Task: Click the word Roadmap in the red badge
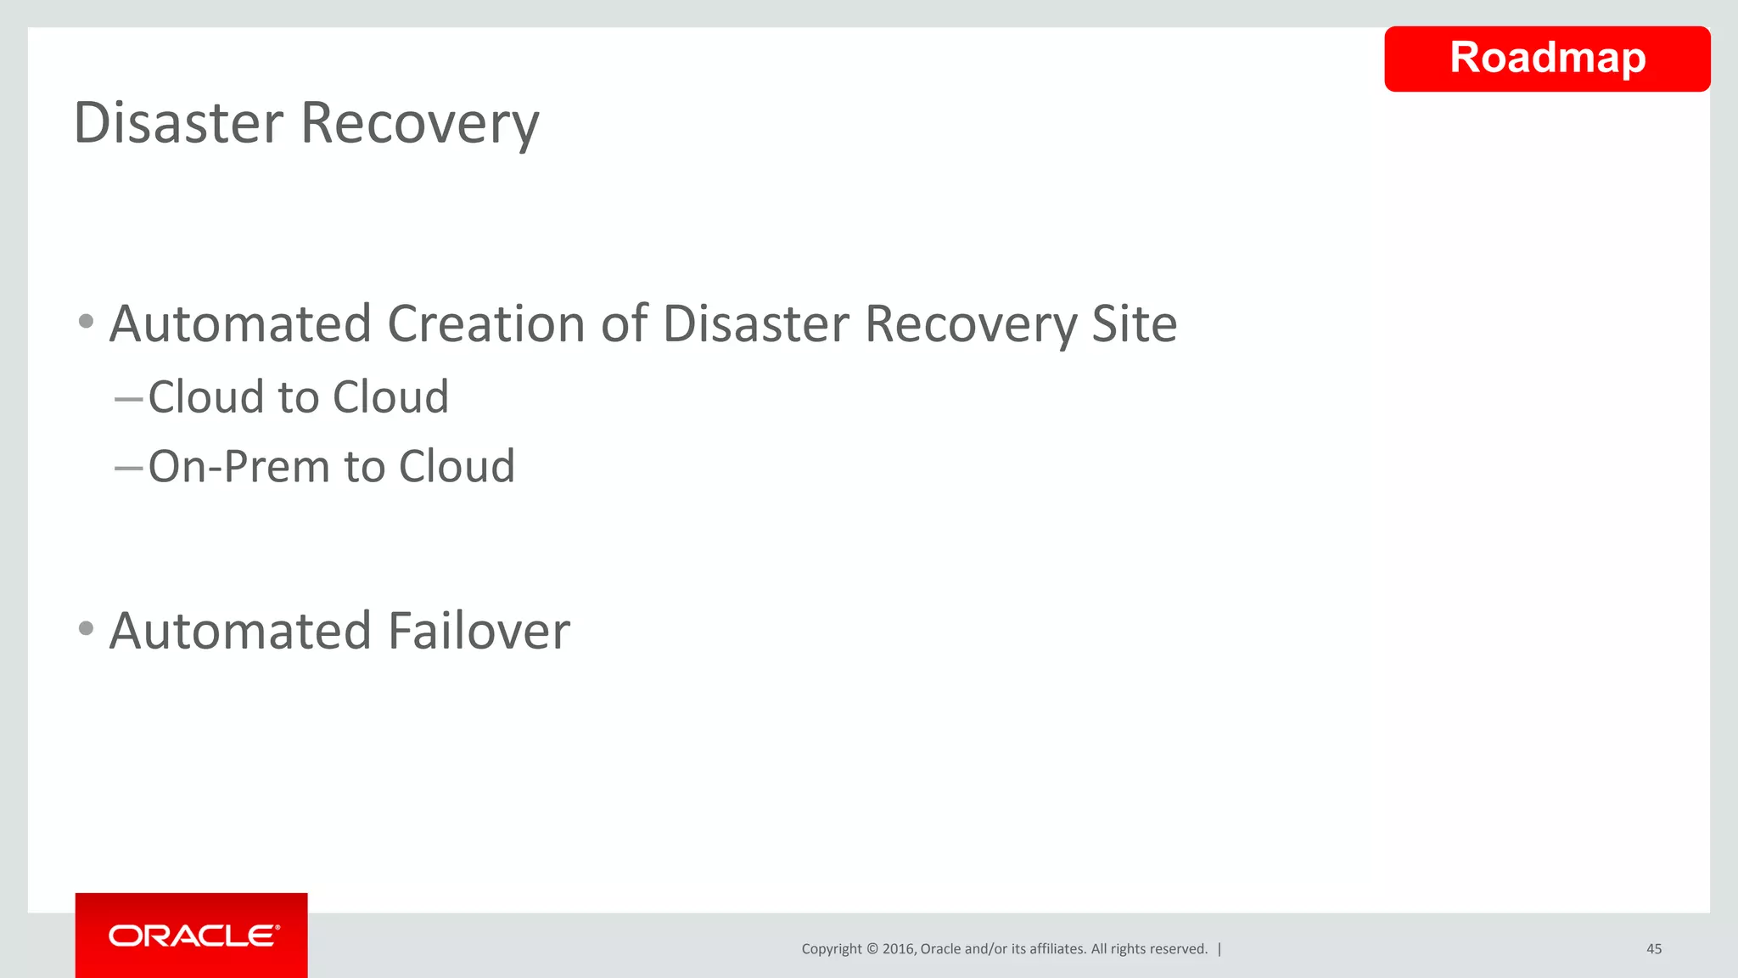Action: (x=1547, y=59)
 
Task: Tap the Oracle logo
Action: (x=193, y=936)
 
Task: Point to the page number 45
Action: (x=1653, y=949)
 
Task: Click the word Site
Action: (x=1134, y=324)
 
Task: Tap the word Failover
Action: (x=479, y=632)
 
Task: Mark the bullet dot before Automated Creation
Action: (x=86, y=322)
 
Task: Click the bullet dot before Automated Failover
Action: (x=86, y=629)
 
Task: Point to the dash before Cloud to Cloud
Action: (x=128, y=398)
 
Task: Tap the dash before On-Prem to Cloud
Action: (x=128, y=468)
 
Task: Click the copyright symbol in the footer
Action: (x=872, y=949)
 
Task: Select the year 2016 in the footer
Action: (x=898, y=949)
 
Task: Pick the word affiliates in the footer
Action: (x=1056, y=949)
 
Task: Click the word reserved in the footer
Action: (x=1180, y=949)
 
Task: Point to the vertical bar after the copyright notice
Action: (x=1219, y=949)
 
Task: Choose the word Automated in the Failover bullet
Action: (x=240, y=632)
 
